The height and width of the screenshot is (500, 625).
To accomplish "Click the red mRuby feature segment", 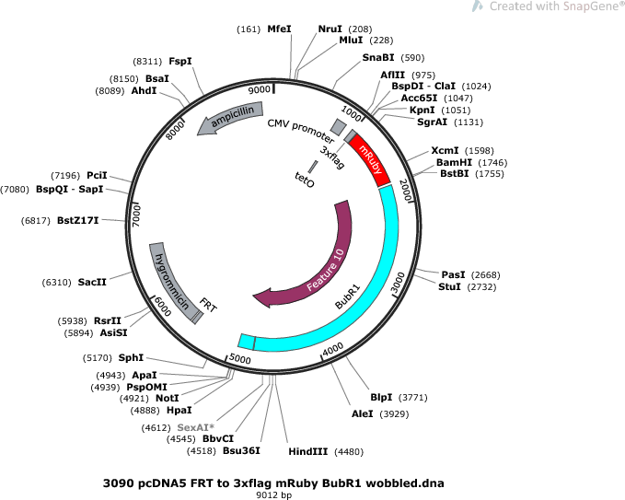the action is coord(370,159).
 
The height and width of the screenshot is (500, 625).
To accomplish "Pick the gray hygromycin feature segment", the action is coord(172,282).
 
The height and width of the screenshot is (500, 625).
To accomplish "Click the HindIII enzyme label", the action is coord(308,452).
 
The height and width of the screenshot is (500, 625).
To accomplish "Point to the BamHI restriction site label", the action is coord(454,162).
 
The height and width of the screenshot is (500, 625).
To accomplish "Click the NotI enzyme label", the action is coord(168,399).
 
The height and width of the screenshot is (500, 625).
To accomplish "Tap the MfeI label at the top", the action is coord(280,29).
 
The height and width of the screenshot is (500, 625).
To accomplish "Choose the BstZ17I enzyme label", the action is coord(77,220).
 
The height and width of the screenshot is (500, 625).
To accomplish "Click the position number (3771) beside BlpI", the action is coord(413,398).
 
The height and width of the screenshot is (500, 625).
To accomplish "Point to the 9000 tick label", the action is coord(259,90).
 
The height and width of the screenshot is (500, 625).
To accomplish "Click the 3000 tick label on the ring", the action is coord(398,283).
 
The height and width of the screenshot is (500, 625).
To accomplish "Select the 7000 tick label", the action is coord(136,216).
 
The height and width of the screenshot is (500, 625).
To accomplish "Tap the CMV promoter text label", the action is coord(301,131).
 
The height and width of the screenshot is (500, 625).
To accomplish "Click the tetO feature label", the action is coord(305,180).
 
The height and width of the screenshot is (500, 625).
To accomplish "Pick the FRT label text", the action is coord(208,306).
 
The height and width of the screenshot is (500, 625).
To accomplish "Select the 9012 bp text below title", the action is coord(273,495).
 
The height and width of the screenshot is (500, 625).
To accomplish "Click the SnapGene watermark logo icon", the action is coord(478,6).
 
